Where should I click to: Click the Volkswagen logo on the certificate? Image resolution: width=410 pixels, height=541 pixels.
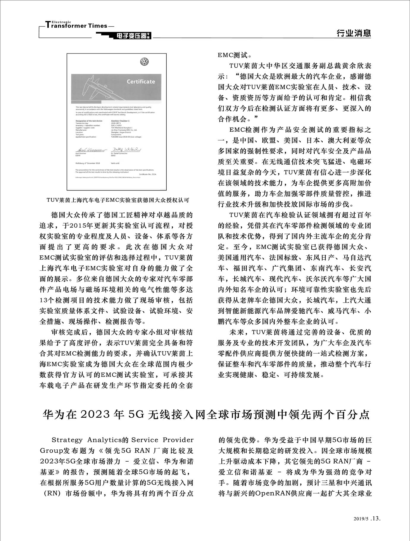[x=144, y=62]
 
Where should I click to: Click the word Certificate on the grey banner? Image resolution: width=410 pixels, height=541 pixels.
[x=141, y=81]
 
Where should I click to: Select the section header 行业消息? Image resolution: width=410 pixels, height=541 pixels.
[x=354, y=33]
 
